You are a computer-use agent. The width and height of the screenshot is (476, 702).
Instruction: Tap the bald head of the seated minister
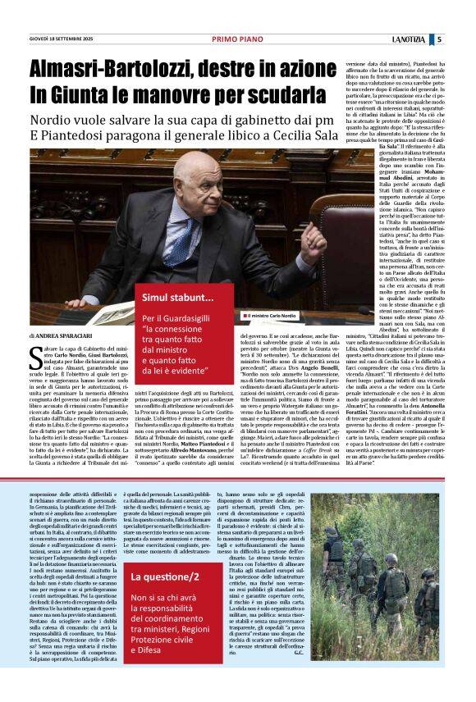pyautogui.click(x=194, y=173)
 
